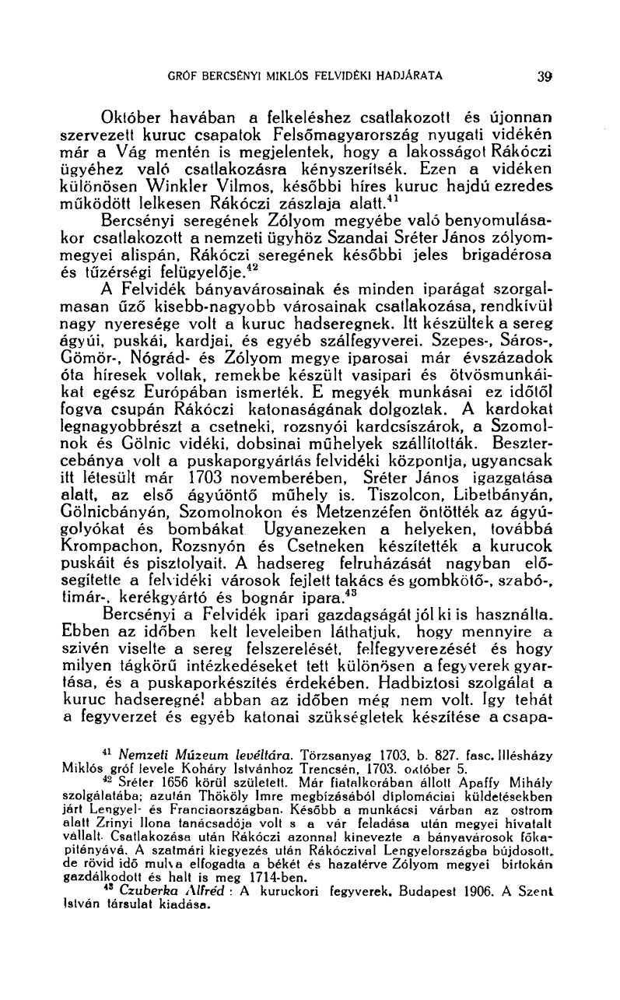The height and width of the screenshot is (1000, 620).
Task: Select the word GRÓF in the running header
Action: coord(184,76)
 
